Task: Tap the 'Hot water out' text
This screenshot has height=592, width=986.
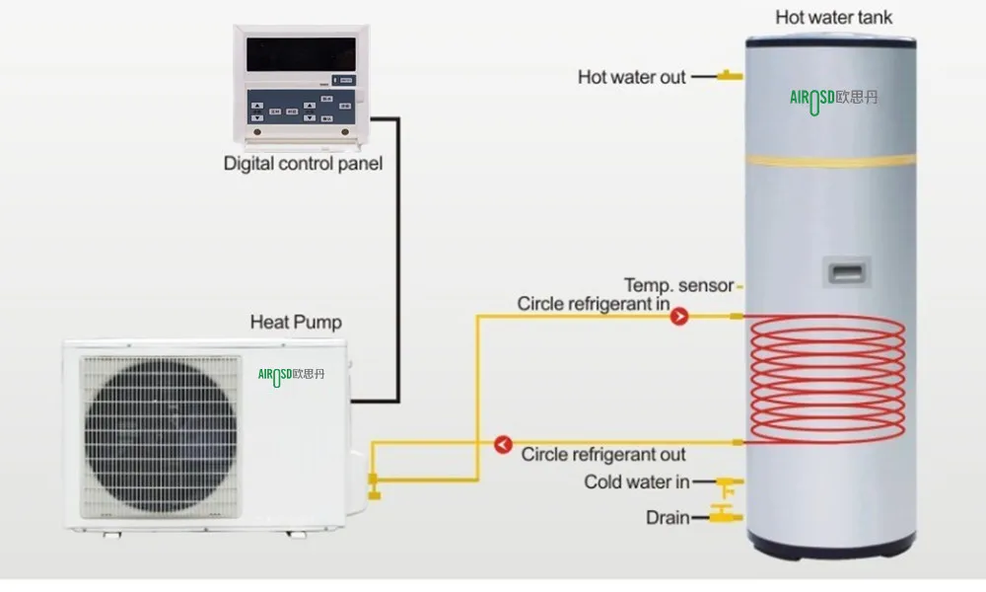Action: [x=631, y=76]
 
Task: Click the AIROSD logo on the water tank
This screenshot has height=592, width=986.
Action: [x=833, y=98]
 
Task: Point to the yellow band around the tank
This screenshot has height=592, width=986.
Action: [x=830, y=160]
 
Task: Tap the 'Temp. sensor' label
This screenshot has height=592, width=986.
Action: [x=678, y=286]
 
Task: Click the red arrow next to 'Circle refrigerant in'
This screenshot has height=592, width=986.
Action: [x=679, y=317]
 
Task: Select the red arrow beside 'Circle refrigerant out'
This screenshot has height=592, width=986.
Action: [x=503, y=445]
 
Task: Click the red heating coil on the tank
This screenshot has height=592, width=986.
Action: [x=828, y=379]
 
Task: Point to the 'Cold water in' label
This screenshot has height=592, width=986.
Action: [x=637, y=482]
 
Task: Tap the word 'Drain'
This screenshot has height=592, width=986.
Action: [x=668, y=517]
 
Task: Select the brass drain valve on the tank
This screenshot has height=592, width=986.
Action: [x=728, y=516]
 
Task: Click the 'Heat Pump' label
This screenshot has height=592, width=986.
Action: [x=296, y=323]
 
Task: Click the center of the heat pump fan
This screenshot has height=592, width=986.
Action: [x=160, y=435]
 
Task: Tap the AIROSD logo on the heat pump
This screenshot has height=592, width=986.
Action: [x=291, y=374]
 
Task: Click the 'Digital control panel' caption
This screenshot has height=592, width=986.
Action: [x=303, y=163]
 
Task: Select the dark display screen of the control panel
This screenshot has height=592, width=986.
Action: [x=301, y=54]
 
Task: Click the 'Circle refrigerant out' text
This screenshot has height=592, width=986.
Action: [x=603, y=455]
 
